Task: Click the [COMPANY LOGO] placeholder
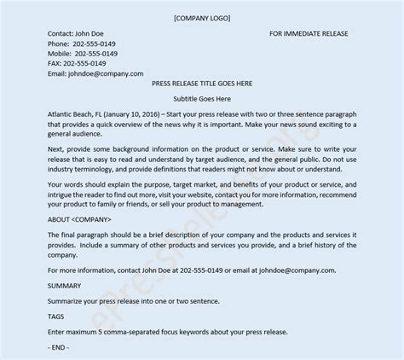[x=201, y=17]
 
